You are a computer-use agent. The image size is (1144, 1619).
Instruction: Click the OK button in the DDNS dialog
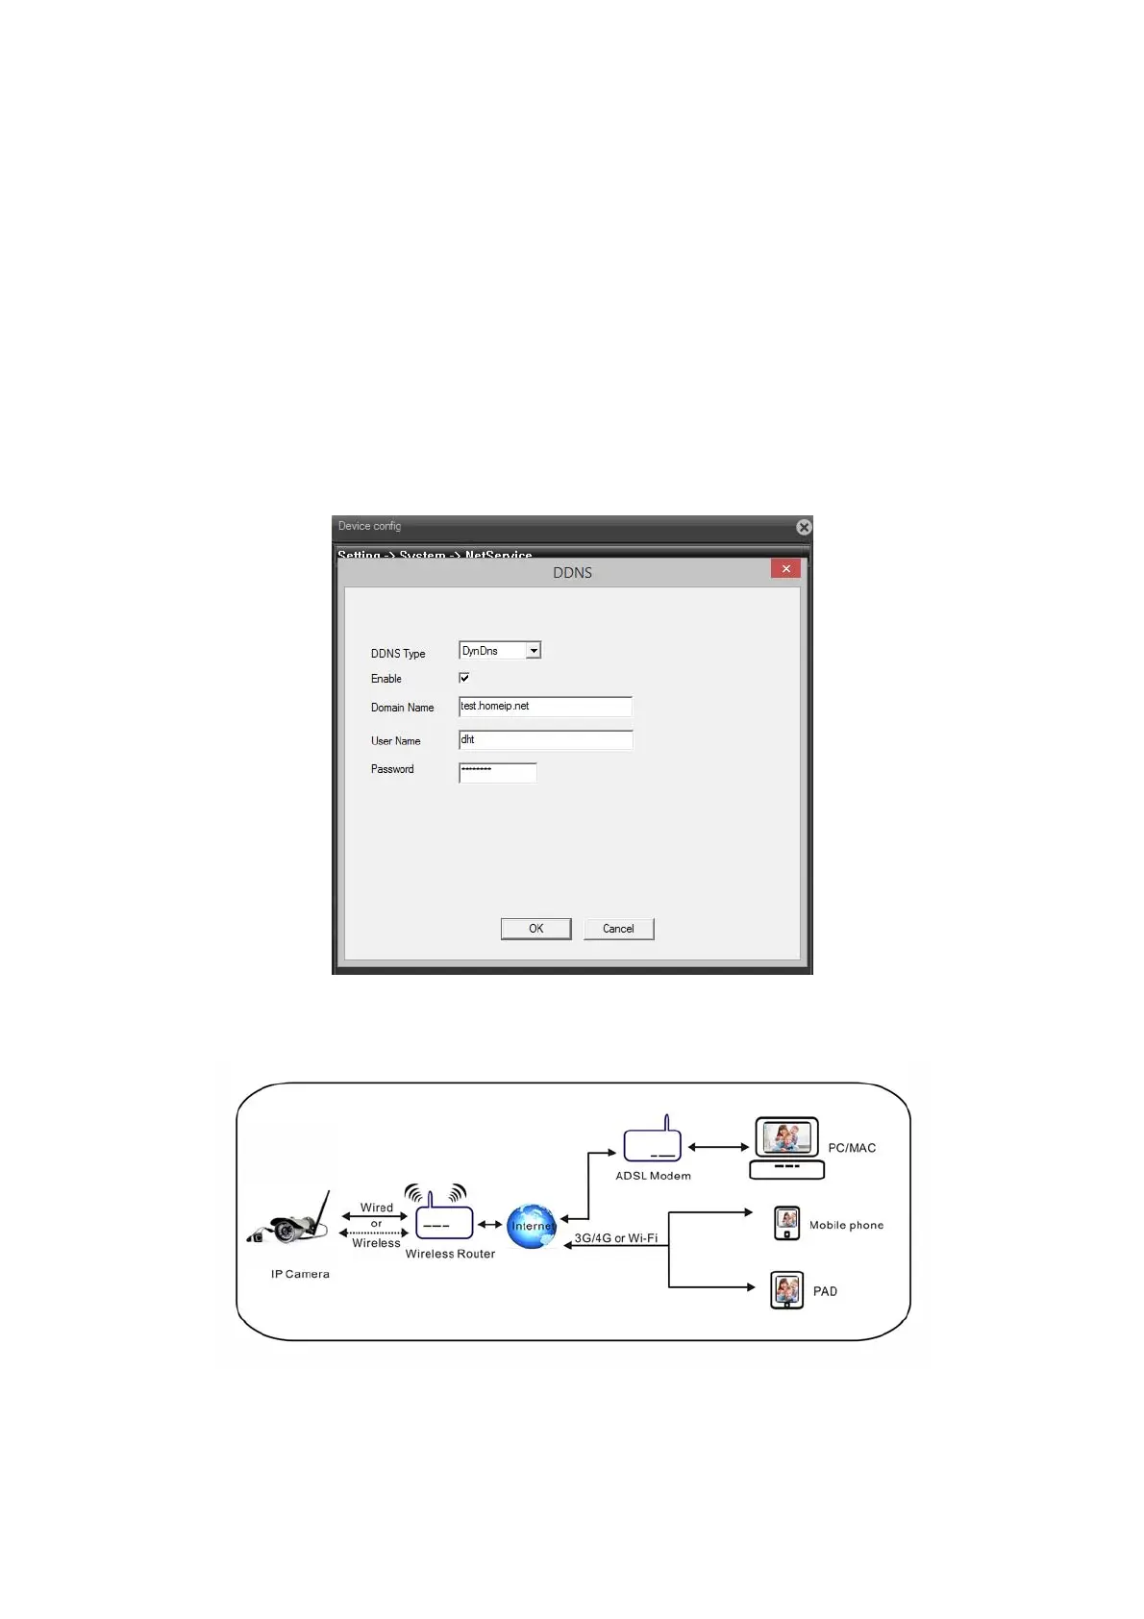coord(535,929)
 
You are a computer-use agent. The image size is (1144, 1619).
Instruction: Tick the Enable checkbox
coord(464,678)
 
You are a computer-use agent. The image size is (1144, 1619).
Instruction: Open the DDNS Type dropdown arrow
coord(534,651)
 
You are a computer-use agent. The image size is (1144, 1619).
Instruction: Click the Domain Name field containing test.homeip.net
coord(545,707)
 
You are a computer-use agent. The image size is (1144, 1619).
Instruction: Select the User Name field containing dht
coord(545,740)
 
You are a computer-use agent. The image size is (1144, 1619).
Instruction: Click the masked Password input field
coord(497,772)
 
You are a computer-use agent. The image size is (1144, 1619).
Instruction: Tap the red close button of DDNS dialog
coord(785,569)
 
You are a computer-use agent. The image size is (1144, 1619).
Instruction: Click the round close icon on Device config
coord(804,527)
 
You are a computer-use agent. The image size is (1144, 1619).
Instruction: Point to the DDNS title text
coord(572,573)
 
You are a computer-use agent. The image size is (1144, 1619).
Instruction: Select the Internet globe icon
coord(532,1227)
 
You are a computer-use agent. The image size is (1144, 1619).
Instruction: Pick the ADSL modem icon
coord(653,1141)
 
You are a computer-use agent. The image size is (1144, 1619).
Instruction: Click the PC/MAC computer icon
coord(786,1147)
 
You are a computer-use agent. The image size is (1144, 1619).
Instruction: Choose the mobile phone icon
coord(786,1224)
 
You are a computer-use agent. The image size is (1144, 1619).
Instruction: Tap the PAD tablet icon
coord(786,1290)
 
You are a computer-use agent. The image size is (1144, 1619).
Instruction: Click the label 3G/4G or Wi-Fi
coord(616,1238)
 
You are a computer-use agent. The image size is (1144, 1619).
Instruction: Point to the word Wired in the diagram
coord(377,1208)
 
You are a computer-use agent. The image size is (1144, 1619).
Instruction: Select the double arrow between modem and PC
coord(718,1147)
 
